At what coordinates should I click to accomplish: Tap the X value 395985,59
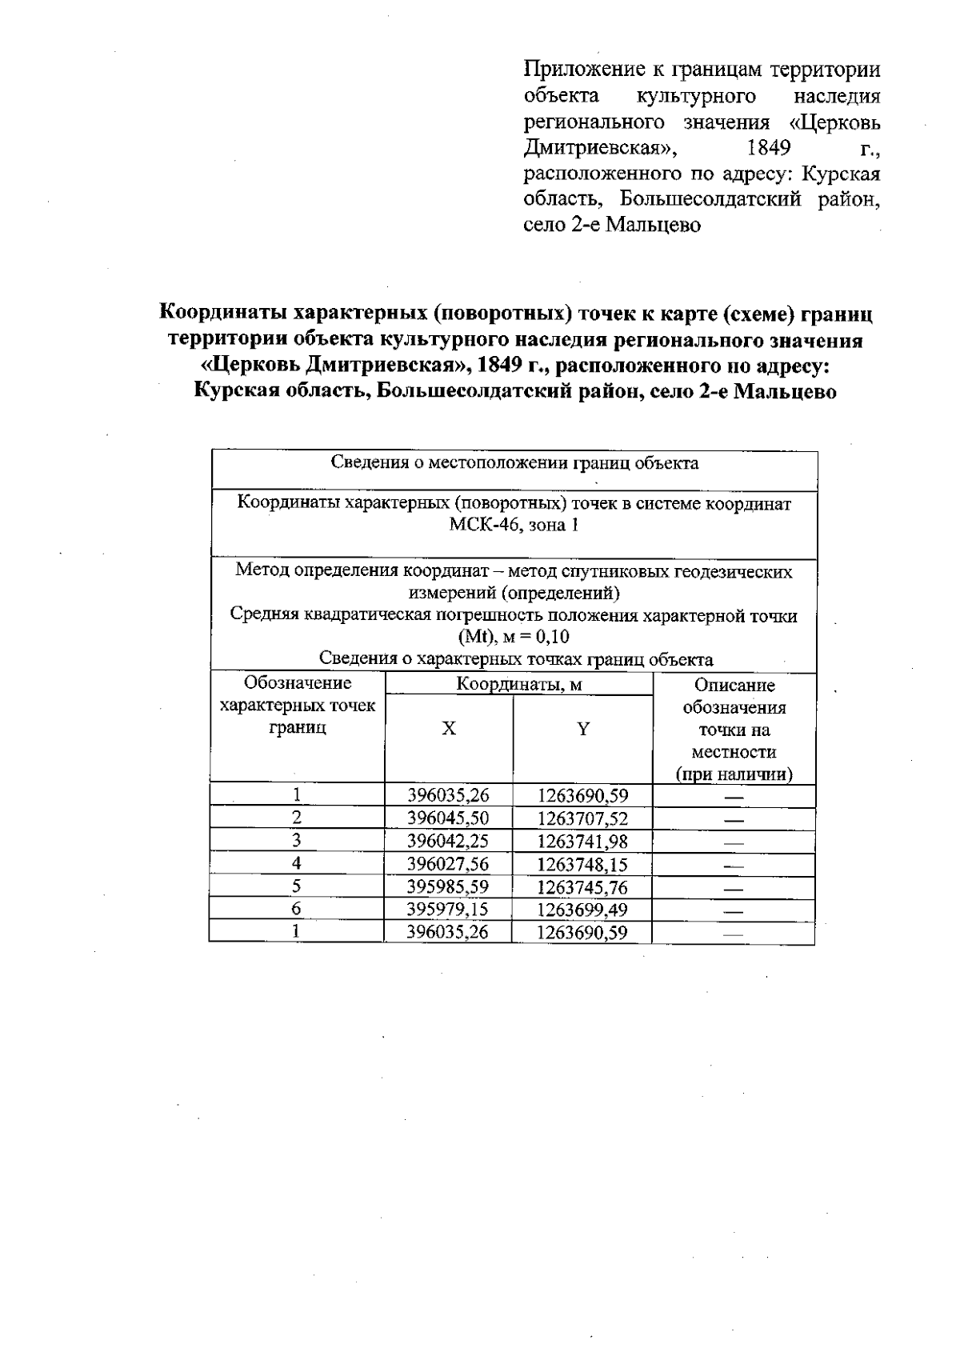point(447,886)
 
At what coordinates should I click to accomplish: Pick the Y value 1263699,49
point(582,910)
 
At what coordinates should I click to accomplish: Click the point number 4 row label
point(297,863)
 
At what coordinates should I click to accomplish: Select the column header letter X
point(450,729)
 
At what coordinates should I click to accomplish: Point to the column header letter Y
point(583,729)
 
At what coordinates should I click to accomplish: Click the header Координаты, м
point(518,685)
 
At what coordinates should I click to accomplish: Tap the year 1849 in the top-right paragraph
point(768,148)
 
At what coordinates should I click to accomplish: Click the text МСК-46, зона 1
point(514,526)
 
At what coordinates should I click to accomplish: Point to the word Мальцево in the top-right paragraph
point(653,225)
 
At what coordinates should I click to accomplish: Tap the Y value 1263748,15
point(582,864)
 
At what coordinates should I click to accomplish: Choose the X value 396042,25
point(447,841)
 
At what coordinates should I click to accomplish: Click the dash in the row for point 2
point(733,820)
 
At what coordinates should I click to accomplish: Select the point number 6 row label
point(297,909)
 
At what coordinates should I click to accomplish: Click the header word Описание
point(734,686)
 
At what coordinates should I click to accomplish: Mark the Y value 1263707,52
point(582,818)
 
